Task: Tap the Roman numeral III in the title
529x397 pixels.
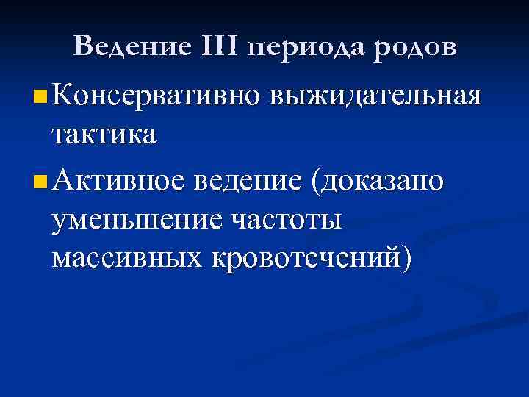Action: tap(218, 47)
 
